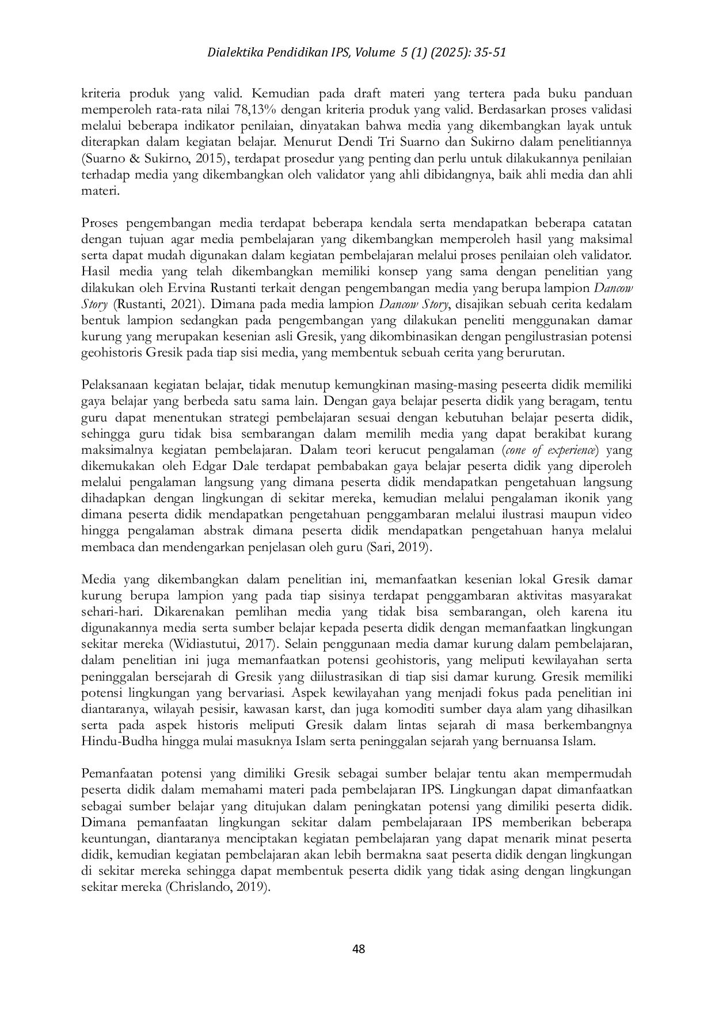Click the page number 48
[358, 950]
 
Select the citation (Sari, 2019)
[399, 547]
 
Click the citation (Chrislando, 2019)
[218, 888]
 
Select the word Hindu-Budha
[120, 741]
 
